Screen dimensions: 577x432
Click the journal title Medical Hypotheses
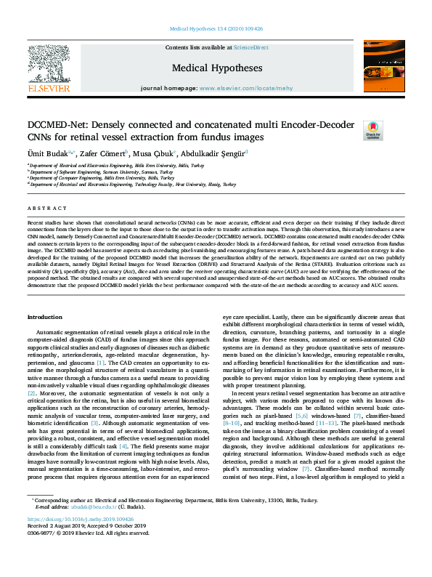216,68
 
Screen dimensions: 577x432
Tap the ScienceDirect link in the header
250,47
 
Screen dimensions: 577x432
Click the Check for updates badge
373,132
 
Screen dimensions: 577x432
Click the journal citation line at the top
216,29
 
